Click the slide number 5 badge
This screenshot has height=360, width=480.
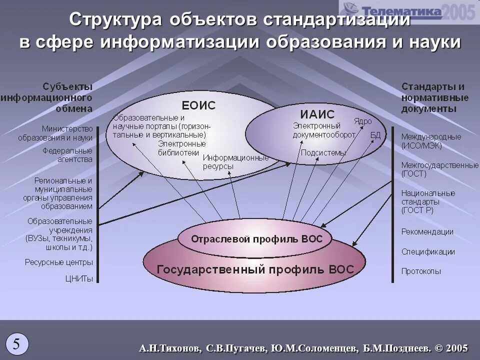pos(17,344)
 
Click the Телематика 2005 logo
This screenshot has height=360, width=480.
pos(407,11)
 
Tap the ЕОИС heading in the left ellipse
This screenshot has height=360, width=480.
pos(198,105)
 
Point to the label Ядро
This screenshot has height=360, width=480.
pos(362,121)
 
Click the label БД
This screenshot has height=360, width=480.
pos(375,135)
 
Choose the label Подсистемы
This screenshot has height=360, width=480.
pos(323,153)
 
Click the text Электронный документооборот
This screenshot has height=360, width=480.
pos(323,130)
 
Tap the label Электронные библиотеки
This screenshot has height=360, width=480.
pos(175,148)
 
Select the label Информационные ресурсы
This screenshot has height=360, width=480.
pos(235,162)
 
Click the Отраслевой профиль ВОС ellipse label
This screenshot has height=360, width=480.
pos(256,239)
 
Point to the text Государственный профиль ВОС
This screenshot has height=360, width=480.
pos(255,269)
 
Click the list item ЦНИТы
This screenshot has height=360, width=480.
pos(79,278)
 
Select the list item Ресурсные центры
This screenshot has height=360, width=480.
pos(59,262)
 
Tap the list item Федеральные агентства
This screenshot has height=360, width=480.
pos(67,155)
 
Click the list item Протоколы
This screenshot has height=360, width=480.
pos(421,271)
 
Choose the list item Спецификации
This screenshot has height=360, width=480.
pos(428,252)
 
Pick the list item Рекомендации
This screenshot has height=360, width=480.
pos(427,232)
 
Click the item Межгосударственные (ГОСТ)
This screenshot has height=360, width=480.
pos(439,169)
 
